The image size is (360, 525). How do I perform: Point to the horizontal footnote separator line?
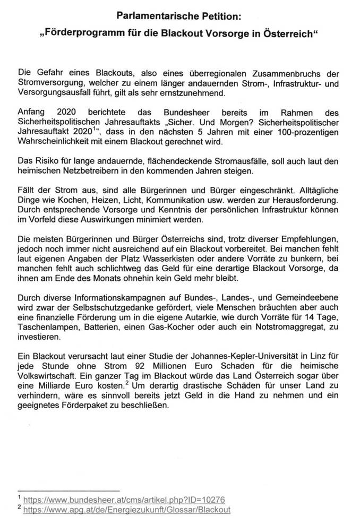tap(68, 489)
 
